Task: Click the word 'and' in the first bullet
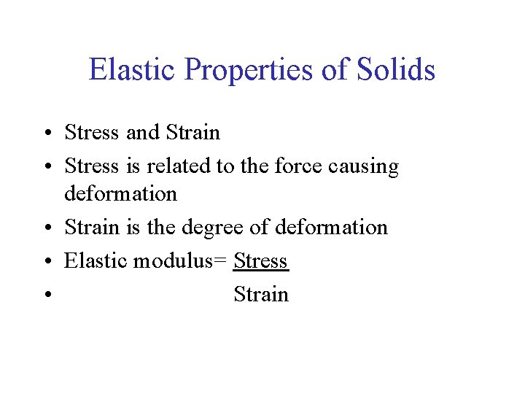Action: [x=141, y=132]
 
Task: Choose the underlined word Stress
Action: [x=261, y=260]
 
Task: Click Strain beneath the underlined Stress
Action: [x=261, y=294]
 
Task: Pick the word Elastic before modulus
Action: [x=96, y=260]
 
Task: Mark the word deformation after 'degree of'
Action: [x=332, y=227]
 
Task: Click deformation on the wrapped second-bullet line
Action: [x=120, y=193]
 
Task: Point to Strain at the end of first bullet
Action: [x=192, y=132]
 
